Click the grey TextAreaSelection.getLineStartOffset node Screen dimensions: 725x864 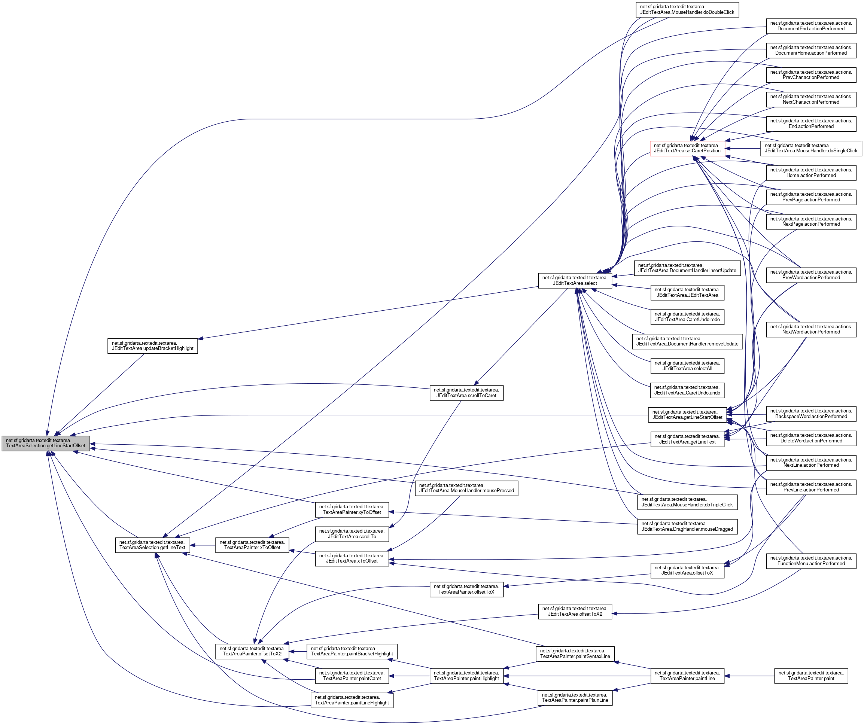pyautogui.click(x=46, y=443)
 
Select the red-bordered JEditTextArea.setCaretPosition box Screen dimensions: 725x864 pyautogui.click(x=687, y=148)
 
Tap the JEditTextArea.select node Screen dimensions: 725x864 pyautogui.click(x=575, y=280)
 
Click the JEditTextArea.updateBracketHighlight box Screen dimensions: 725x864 pyautogui.click(x=152, y=345)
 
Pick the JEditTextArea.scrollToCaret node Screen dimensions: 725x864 pyautogui.click(x=466, y=393)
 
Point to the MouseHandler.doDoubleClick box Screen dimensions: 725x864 pyautogui.click(x=687, y=9)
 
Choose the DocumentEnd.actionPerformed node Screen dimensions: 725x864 pyautogui.click(x=810, y=26)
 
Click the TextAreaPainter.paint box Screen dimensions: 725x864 pyautogui.click(x=811, y=676)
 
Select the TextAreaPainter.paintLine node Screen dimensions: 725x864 pyautogui.click(x=687, y=676)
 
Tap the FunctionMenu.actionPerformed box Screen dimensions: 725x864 pyautogui.click(x=810, y=561)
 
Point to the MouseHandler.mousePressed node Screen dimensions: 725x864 pyautogui.click(x=466, y=488)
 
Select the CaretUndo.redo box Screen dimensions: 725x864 pyautogui.click(x=687, y=316)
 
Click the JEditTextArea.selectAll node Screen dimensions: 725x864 pyautogui.click(x=687, y=365)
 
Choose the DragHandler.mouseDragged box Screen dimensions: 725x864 pyautogui.click(x=687, y=526)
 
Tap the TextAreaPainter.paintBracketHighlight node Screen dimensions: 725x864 pyautogui.click(x=352, y=651)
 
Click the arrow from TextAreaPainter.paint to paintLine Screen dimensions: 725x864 pyautogui.click(x=749, y=676)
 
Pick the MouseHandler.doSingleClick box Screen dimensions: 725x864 pyautogui.click(x=810, y=148)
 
